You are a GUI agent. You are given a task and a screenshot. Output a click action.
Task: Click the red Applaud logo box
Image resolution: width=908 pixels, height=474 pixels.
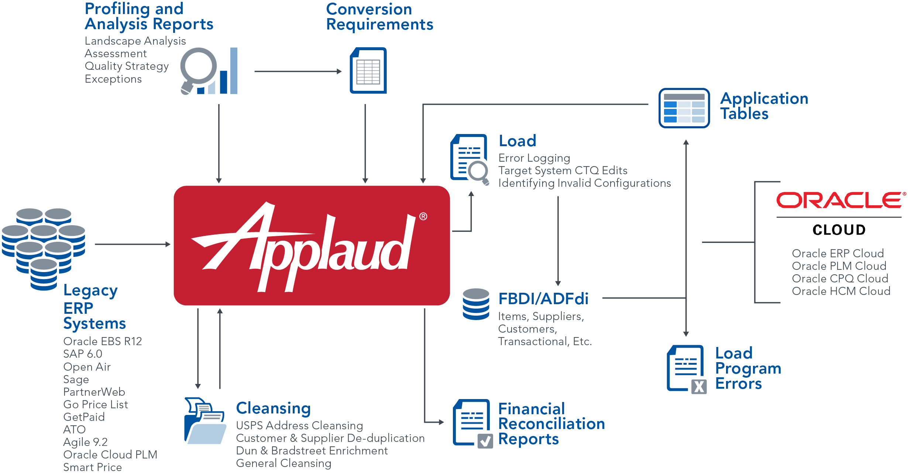[312, 245]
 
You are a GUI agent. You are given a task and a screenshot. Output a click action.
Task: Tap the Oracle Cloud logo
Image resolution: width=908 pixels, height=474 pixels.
[840, 213]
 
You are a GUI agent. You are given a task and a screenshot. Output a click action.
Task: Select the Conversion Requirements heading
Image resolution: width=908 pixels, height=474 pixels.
[379, 17]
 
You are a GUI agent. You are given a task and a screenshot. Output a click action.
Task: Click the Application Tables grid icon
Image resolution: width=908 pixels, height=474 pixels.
[684, 108]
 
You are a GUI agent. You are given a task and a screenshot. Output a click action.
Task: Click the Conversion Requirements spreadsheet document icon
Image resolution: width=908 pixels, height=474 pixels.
[368, 71]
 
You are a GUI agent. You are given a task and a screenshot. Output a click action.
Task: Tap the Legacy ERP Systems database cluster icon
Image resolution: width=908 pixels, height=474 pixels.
[44, 247]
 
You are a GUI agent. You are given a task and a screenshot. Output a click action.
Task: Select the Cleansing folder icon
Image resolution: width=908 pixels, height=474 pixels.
[205, 421]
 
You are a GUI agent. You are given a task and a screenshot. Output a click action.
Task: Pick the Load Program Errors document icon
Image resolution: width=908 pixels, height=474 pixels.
[686, 369]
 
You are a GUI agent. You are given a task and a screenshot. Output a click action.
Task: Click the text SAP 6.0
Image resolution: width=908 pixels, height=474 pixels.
[83, 354]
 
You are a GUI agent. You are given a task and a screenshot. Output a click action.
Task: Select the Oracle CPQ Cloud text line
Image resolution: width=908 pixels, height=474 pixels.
[840, 278]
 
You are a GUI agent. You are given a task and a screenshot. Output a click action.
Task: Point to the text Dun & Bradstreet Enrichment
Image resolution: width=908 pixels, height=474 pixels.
[312, 451]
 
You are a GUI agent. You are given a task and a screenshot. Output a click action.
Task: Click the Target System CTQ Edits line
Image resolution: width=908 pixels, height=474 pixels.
[563, 171]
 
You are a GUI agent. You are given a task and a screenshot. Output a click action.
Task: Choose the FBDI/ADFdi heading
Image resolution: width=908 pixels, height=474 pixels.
[543, 299]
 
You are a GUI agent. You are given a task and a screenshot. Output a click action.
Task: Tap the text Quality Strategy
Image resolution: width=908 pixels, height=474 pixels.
[127, 66]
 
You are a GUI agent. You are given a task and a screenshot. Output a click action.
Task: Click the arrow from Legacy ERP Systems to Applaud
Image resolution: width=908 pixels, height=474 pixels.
[132, 244]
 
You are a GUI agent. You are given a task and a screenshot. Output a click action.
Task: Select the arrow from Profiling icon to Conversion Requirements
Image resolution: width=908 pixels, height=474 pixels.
[297, 71]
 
